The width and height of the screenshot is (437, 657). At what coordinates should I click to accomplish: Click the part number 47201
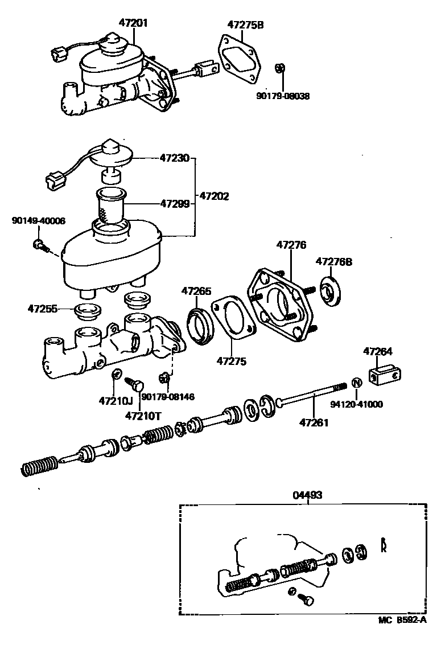tap(133, 23)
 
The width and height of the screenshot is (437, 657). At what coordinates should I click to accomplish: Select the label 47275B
tap(245, 25)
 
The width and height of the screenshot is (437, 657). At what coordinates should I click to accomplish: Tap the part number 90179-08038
tap(283, 96)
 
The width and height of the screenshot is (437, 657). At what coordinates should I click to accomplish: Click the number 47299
tap(174, 203)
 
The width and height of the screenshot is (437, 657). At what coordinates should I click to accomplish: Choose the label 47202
tap(214, 196)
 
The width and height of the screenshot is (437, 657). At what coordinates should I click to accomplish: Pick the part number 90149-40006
tap(38, 221)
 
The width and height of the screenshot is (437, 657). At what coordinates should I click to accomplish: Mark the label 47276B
tap(334, 262)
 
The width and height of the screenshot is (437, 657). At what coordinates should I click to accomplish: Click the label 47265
tap(196, 291)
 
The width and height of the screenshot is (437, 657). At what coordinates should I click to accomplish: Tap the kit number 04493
tap(307, 495)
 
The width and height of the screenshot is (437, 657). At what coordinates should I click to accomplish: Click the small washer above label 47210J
tap(114, 374)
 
